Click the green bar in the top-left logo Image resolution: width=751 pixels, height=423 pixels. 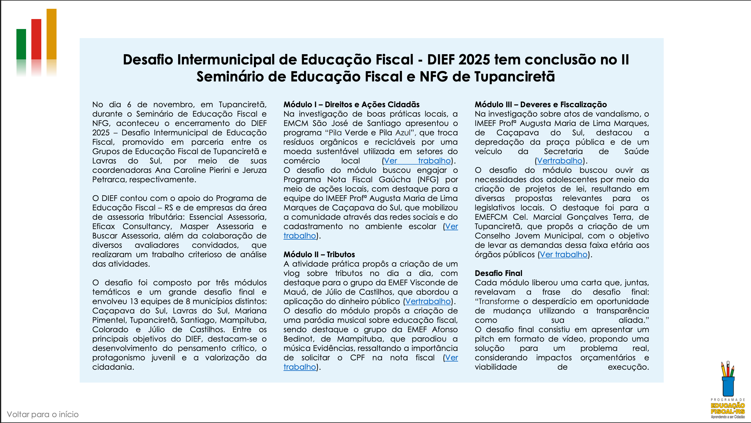click(21, 44)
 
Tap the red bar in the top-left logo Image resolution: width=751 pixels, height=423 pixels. click(36, 39)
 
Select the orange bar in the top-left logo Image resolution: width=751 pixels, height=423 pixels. click(52, 34)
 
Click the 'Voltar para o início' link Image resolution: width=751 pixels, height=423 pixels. click(43, 414)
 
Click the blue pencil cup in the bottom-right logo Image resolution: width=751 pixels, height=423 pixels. click(728, 386)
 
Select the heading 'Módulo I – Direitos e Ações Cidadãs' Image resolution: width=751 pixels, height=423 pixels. click(351, 105)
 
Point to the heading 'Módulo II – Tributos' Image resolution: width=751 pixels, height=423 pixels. click(319, 254)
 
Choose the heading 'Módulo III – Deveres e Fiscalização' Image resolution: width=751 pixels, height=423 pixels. click(540, 105)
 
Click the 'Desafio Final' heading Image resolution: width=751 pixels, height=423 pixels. click(498, 273)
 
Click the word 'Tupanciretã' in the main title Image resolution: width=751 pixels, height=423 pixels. click(514, 77)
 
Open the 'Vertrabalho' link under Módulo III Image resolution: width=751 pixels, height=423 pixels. click(559, 161)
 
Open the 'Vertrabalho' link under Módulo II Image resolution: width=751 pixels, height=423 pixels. click(428, 301)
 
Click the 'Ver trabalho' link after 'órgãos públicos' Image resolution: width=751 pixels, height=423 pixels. click(563, 255)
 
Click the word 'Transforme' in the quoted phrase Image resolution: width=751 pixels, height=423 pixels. click(499, 301)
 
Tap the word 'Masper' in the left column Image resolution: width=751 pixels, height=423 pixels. click(194, 226)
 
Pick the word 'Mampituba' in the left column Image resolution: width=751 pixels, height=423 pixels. click(243, 320)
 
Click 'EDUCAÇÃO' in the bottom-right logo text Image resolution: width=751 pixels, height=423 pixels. click(728, 405)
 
